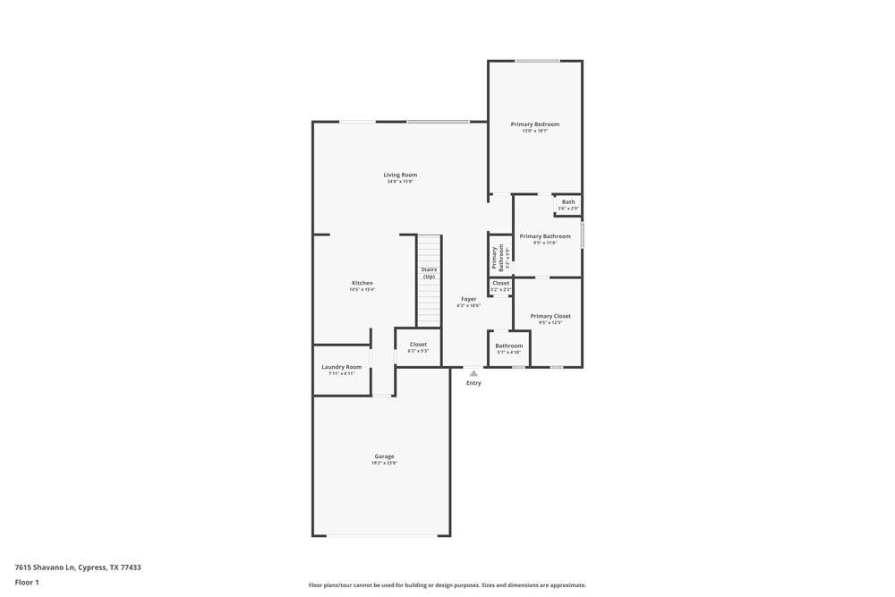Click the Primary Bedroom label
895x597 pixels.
pyautogui.click(x=535, y=124)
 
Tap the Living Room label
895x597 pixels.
pyautogui.click(x=400, y=175)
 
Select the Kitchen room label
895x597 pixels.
pyautogui.click(x=362, y=283)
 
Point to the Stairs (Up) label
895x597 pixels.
pyautogui.click(x=429, y=273)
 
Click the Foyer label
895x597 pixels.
pyautogui.click(x=468, y=299)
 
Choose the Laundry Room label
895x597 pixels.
pyautogui.click(x=341, y=367)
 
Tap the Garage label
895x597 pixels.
pyautogui.click(x=384, y=456)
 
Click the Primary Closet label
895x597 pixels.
pyautogui.click(x=550, y=316)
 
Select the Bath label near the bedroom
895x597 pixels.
pyautogui.click(x=568, y=202)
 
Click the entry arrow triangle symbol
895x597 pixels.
pyautogui.click(x=473, y=373)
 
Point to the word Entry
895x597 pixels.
pyautogui.click(x=473, y=383)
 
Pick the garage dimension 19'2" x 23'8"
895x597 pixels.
pyautogui.click(x=384, y=464)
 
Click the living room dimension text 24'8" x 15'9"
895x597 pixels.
pyautogui.click(x=400, y=182)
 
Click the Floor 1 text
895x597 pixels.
pyautogui.click(x=27, y=583)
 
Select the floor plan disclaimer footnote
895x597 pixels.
pyautogui.click(x=447, y=585)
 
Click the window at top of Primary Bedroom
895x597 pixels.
pyautogui.click(x=537, y=61)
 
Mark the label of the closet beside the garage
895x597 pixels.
pyautogui.click(x=418, y=345)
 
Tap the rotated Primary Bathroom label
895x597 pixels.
pyautogui.click(x=498, y=258)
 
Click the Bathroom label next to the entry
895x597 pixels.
pyautogui.click(x=509, y=345)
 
